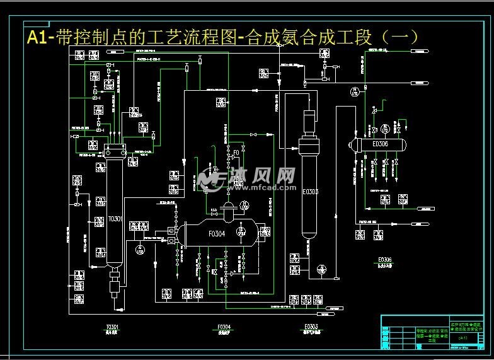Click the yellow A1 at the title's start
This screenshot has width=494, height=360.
(x=39, y=37)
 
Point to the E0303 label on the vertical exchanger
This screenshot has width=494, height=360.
(x=310, y=192)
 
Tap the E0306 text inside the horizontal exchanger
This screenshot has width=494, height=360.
(x=380, y=144)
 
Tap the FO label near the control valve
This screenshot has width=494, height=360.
(x=236, y=153)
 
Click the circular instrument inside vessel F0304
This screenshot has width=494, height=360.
(x=240, y=233)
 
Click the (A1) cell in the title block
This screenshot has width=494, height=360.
(x=463, y=339)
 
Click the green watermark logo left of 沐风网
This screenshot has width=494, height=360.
(x=210, y=178)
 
